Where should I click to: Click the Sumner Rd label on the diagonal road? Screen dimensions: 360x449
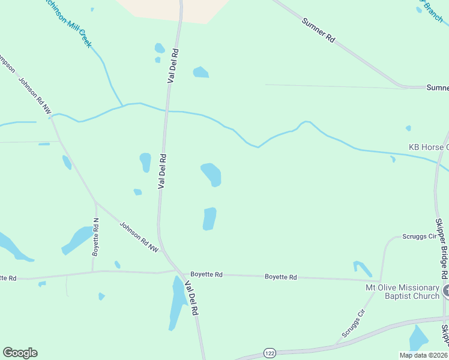tap(319, 31)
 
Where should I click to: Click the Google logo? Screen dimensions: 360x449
tap(20, 353)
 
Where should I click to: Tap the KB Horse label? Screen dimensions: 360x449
tap(428, 147)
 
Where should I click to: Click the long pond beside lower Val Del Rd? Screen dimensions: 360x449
tap(178, 302)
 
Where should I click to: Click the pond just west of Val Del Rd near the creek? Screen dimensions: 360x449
tap(145, 162)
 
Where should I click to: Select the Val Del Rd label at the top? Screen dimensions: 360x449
tap(172, 65)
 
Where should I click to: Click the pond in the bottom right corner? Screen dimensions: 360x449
tap(418, 338)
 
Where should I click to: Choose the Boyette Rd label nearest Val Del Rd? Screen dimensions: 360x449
tap(206, 274)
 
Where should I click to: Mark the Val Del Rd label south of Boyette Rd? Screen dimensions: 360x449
tap(191, 299)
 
